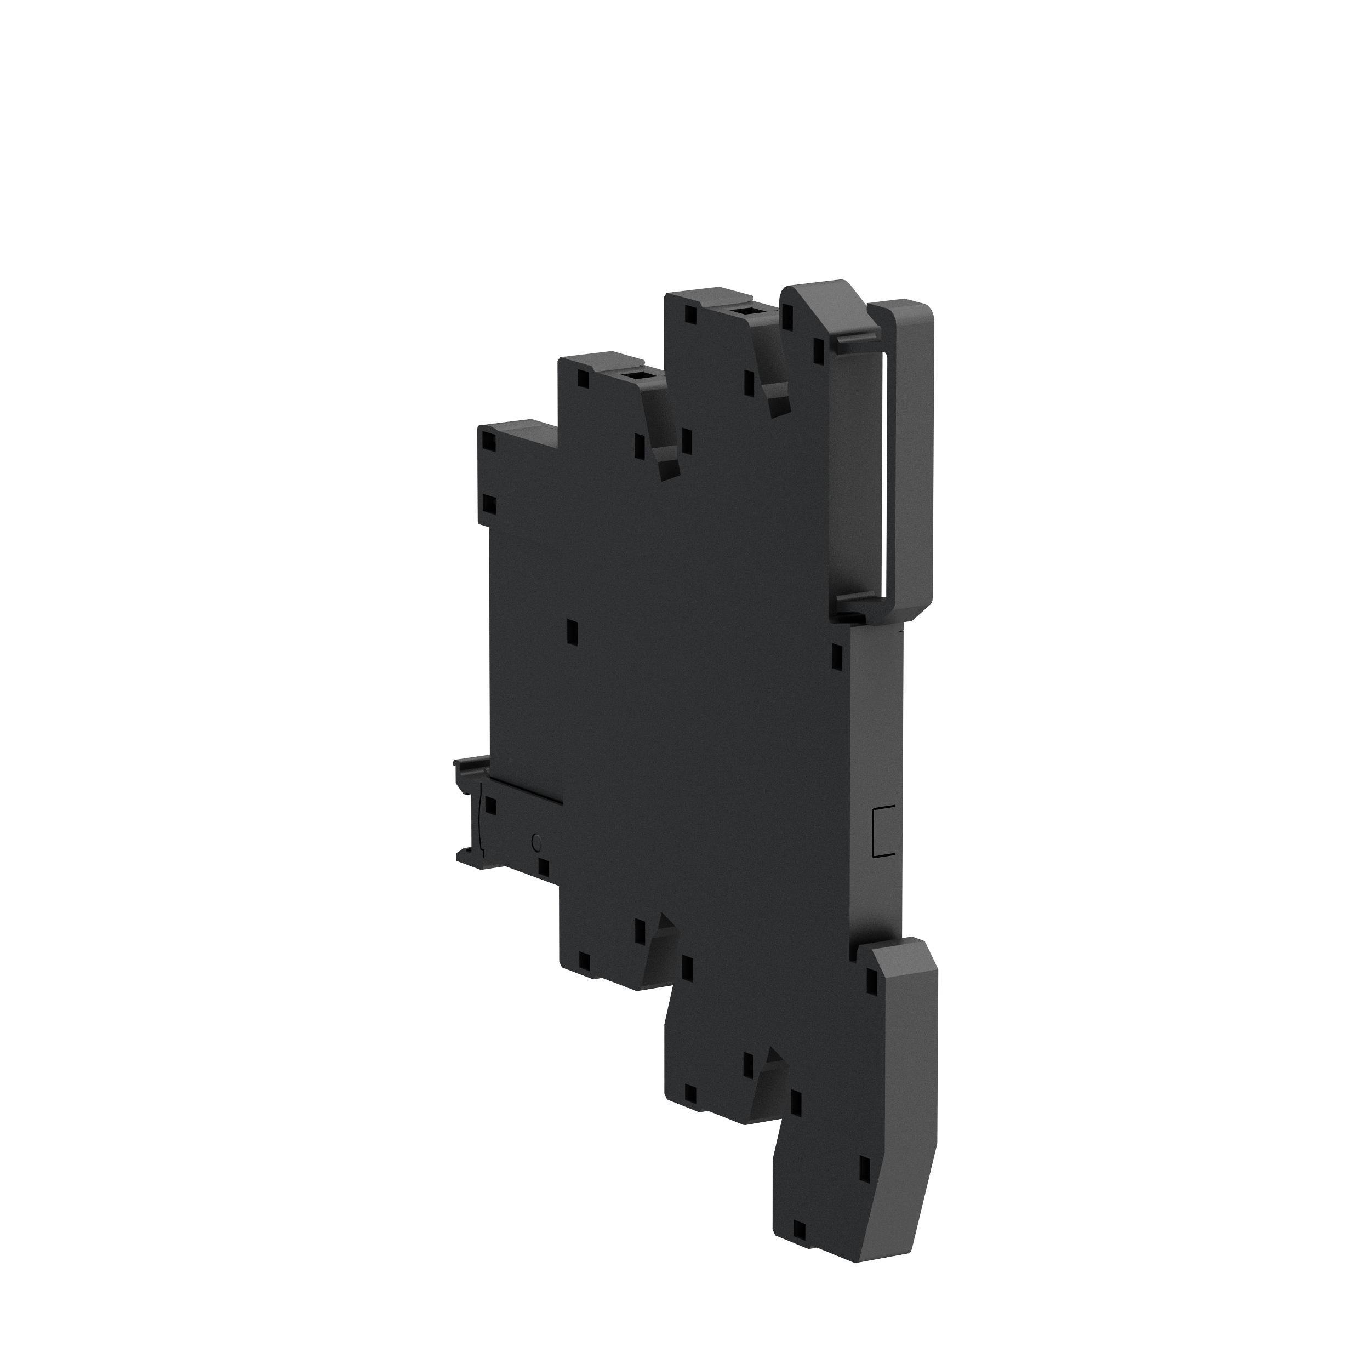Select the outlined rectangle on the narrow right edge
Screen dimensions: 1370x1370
tap(883, 831)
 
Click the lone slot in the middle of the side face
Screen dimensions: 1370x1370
tap(573, 631)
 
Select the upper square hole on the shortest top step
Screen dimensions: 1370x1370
tap(489, 442)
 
